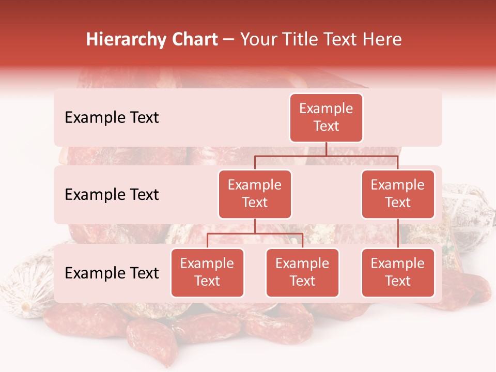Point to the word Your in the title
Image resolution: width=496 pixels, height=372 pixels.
point(258,40)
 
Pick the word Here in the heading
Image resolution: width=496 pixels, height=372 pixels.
point(381,40)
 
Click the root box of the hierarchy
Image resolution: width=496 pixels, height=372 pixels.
point(326,117)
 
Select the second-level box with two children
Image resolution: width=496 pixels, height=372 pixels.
point(255,194)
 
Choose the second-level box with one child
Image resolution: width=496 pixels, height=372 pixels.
point(398,194)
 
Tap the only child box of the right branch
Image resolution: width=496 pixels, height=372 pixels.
point(398,272)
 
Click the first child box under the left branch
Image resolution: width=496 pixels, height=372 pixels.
point(207,272)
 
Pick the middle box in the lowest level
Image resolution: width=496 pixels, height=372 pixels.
point(302,272)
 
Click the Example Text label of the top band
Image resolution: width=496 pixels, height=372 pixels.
point(112,118)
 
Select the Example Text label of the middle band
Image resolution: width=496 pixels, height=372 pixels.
point(112,195)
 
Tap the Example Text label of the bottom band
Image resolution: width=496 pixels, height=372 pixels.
point(112,273)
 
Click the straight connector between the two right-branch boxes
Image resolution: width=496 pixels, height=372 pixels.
point(398,233)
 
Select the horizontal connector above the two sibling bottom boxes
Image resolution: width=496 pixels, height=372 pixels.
point(255,234)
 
